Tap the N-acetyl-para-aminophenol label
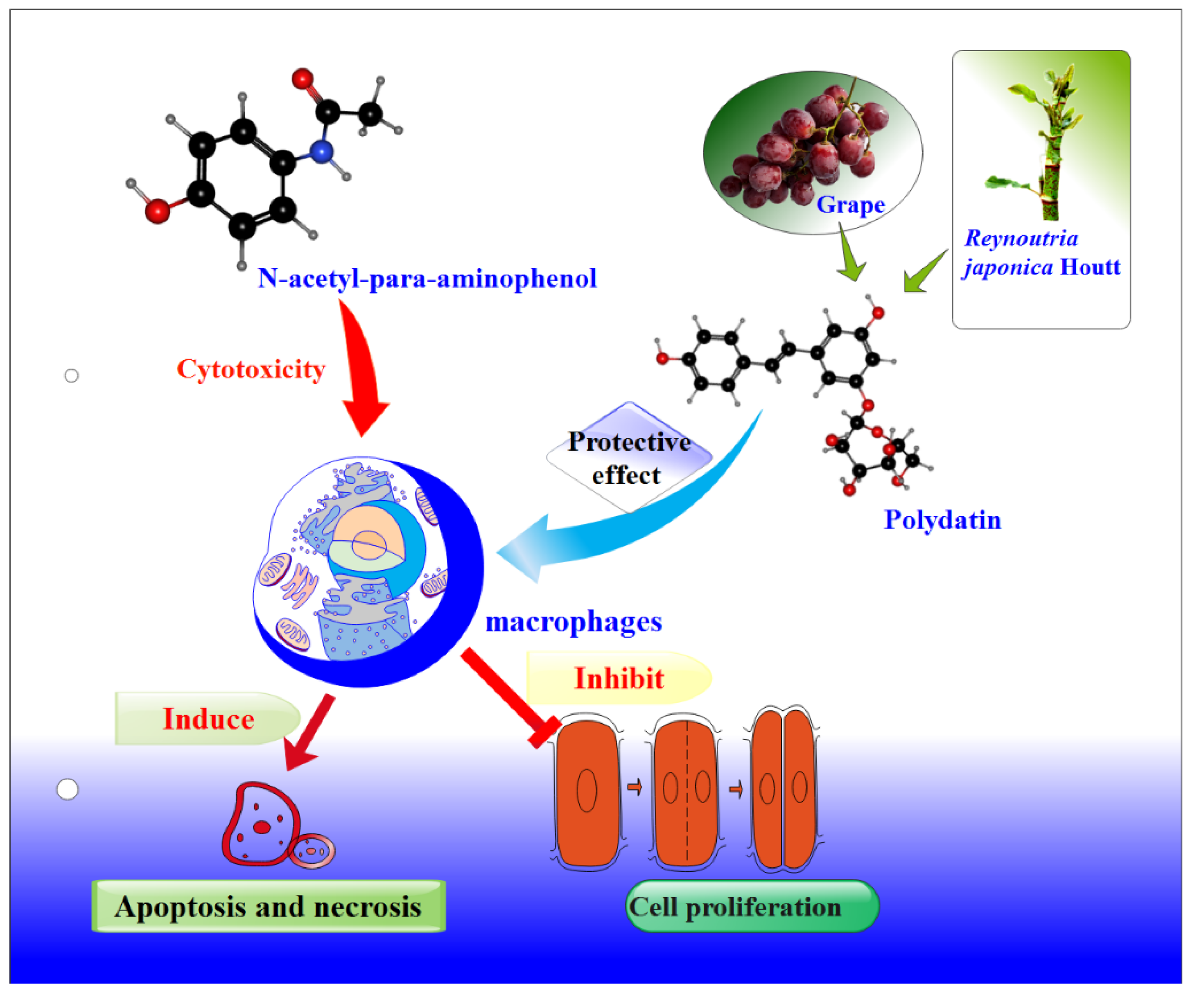click(x=427, y=279)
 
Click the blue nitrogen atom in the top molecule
click(x=322, y=151)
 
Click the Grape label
click(x=850, y=205)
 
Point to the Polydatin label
click(x=942, y=520)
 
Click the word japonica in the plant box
click(x=1007, y=267)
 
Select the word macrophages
click(x=574, y=622)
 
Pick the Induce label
click(x=208, y=719)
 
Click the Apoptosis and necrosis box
click(x=268, y=907)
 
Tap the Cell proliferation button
click(x=752, y=907)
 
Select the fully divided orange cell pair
click(x=784, y=789)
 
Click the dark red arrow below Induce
click(x=308, y=735)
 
